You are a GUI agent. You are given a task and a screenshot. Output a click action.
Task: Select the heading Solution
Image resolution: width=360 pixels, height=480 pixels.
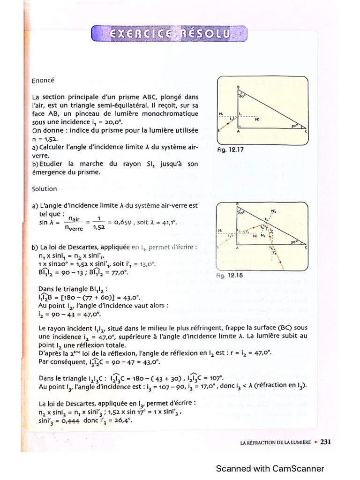(45, 189)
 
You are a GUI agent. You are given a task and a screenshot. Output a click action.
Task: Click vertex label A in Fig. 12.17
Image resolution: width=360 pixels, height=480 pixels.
(238, 132)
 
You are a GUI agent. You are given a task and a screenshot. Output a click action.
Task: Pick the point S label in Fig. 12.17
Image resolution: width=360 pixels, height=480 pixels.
(219, 132)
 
